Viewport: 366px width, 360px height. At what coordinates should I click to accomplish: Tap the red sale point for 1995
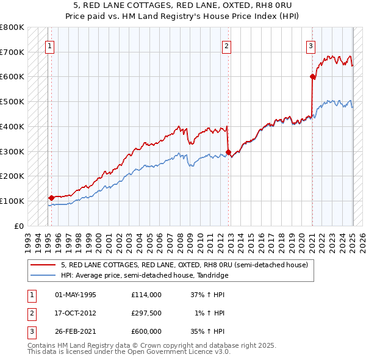coord(51,197)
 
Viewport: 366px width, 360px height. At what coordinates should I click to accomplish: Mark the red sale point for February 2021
coord(312,76)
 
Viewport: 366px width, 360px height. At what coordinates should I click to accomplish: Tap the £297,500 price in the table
coord(146,313)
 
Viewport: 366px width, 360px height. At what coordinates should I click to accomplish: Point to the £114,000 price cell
coord(146,295)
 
